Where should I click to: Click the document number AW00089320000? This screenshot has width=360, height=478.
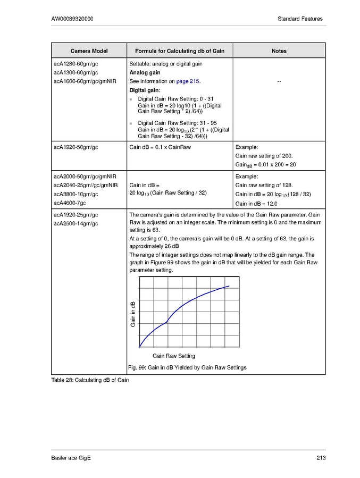tap(72, 19)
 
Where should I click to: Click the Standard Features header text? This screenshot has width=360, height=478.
tap(300, 19)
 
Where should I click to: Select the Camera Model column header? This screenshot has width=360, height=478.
tap(89, 51)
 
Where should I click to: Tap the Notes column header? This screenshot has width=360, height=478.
tap(279, 51)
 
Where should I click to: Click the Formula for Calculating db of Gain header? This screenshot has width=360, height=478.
tap(180, 51)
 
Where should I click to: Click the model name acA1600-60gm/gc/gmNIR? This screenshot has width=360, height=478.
tap(85, 81)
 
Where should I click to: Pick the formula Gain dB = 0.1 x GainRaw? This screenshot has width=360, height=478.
tap(160, 147)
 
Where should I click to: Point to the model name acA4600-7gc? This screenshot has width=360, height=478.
tap(70, 203)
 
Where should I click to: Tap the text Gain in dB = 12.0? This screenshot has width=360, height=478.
tap(257, 204)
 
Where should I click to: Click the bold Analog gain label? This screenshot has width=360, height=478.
tap(145, 72)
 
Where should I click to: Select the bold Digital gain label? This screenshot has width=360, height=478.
tap(145, 90)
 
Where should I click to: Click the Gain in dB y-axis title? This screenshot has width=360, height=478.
tap(133, 314)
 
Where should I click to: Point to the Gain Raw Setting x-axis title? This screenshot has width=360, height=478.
tap(174, 356)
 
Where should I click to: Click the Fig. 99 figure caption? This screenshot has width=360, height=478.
tap(187, 367)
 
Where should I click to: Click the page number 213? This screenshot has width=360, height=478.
tap(317, 458)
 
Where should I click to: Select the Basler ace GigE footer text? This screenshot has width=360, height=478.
tap(71, 458)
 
